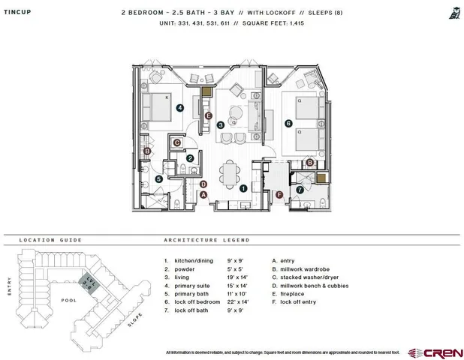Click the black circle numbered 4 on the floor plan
(180, 108)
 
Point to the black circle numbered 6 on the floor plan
(288, 123)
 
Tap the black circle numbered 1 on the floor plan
(243, 189)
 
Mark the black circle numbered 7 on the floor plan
(300, 190)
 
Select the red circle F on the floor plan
(279, 195)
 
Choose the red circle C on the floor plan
(177, 142)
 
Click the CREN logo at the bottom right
(435, 352)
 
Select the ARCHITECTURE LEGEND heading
(206, 241)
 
